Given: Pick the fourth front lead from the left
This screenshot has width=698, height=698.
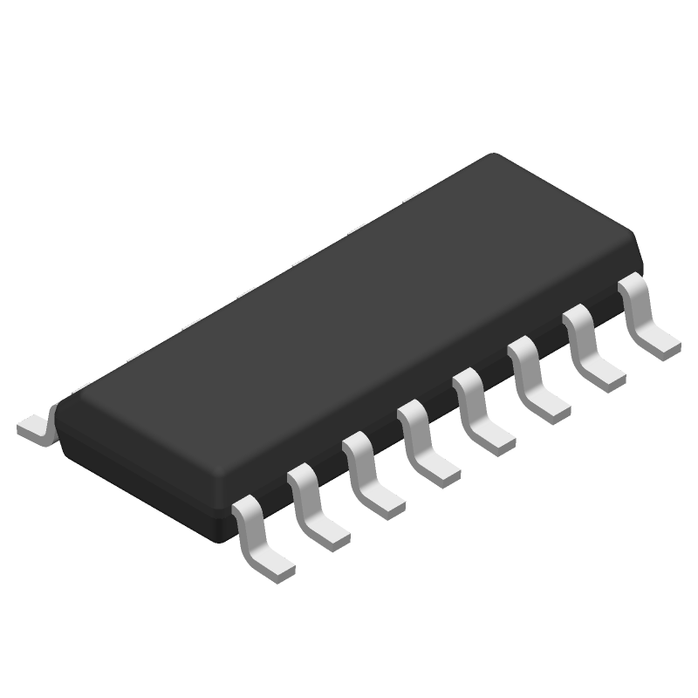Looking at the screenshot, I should tap(425, 445).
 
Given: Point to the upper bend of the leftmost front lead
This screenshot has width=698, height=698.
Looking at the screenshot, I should tap(247, 506).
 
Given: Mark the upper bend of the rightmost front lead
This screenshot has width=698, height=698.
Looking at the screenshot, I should tap(633, 284).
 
